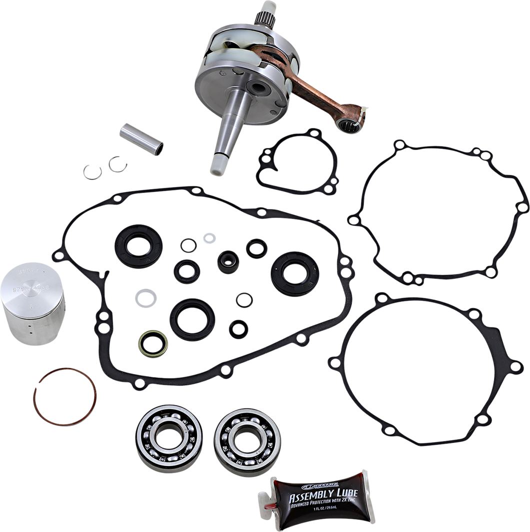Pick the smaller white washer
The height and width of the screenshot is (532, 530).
207,236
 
